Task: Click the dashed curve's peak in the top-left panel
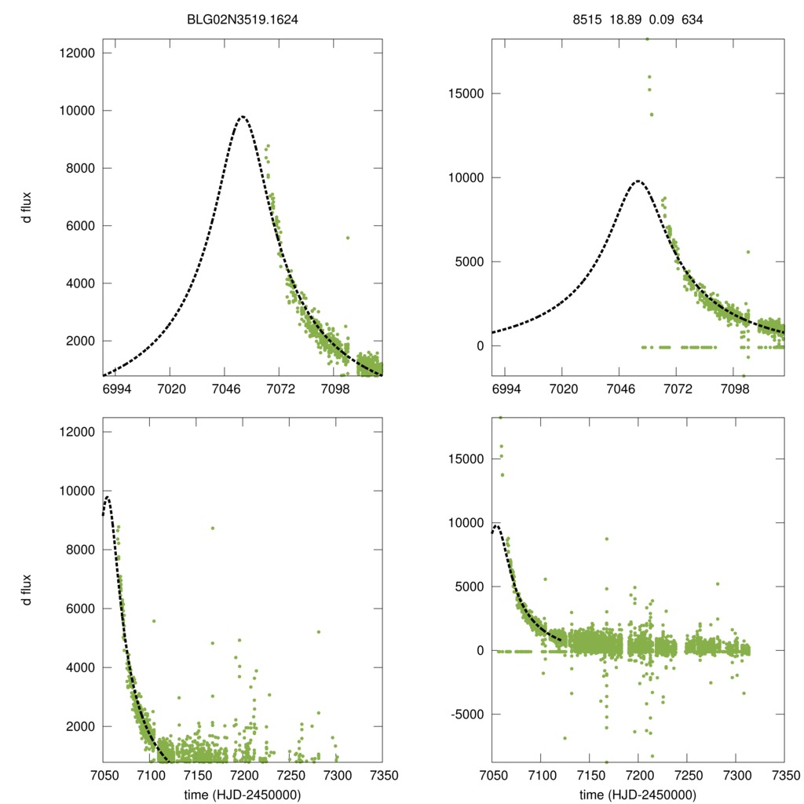point(243,117)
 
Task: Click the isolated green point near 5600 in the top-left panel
point(347,237)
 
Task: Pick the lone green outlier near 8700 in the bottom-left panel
point(212,528)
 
